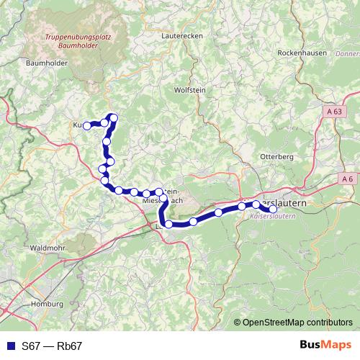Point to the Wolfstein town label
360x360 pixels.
pos(190,90)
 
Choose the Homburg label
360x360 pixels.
pos(48,305)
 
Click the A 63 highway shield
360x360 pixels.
pos(335,112)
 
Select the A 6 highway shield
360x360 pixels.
pos(348,178)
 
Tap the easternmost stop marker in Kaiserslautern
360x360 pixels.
pos(273,210)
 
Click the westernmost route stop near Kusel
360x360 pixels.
pos(86,126)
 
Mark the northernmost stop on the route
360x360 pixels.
pos(112,117)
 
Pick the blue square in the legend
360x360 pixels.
pos(9,346)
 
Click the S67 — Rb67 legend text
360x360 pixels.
pos(52,346)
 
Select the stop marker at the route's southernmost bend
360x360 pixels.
pos(168,225)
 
